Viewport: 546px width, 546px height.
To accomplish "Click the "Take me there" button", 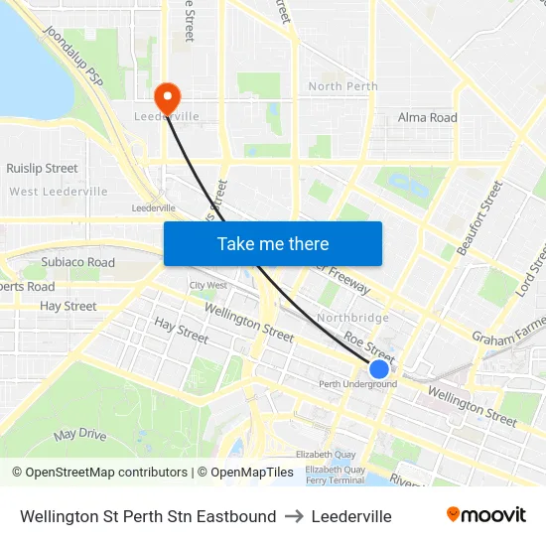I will (273, 243).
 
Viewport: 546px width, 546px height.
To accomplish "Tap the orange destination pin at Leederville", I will (167, 96).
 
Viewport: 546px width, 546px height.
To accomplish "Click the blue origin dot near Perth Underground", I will (378, 369).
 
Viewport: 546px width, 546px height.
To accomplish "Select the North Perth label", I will (343, 86).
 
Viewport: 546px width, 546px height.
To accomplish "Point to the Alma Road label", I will (428, 117).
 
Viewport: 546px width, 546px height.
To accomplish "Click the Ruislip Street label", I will (42, 169).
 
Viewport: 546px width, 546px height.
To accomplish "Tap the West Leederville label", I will (59, 192).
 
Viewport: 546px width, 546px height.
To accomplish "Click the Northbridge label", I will (352, 318).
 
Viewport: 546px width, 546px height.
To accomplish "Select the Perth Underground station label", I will (357, 384).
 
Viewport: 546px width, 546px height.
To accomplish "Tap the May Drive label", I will (79, 435).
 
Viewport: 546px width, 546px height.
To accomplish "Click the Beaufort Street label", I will (480, 217).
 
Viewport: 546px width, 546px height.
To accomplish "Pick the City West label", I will (208, 285).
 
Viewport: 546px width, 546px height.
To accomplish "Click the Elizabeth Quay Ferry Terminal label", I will (335, 475).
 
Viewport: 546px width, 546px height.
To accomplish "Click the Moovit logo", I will (486, 515).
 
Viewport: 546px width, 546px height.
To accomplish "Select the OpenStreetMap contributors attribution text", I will (100, 473).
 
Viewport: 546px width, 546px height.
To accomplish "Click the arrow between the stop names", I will (294, 516).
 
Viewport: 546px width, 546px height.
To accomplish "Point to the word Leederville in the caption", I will (351, 516).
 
